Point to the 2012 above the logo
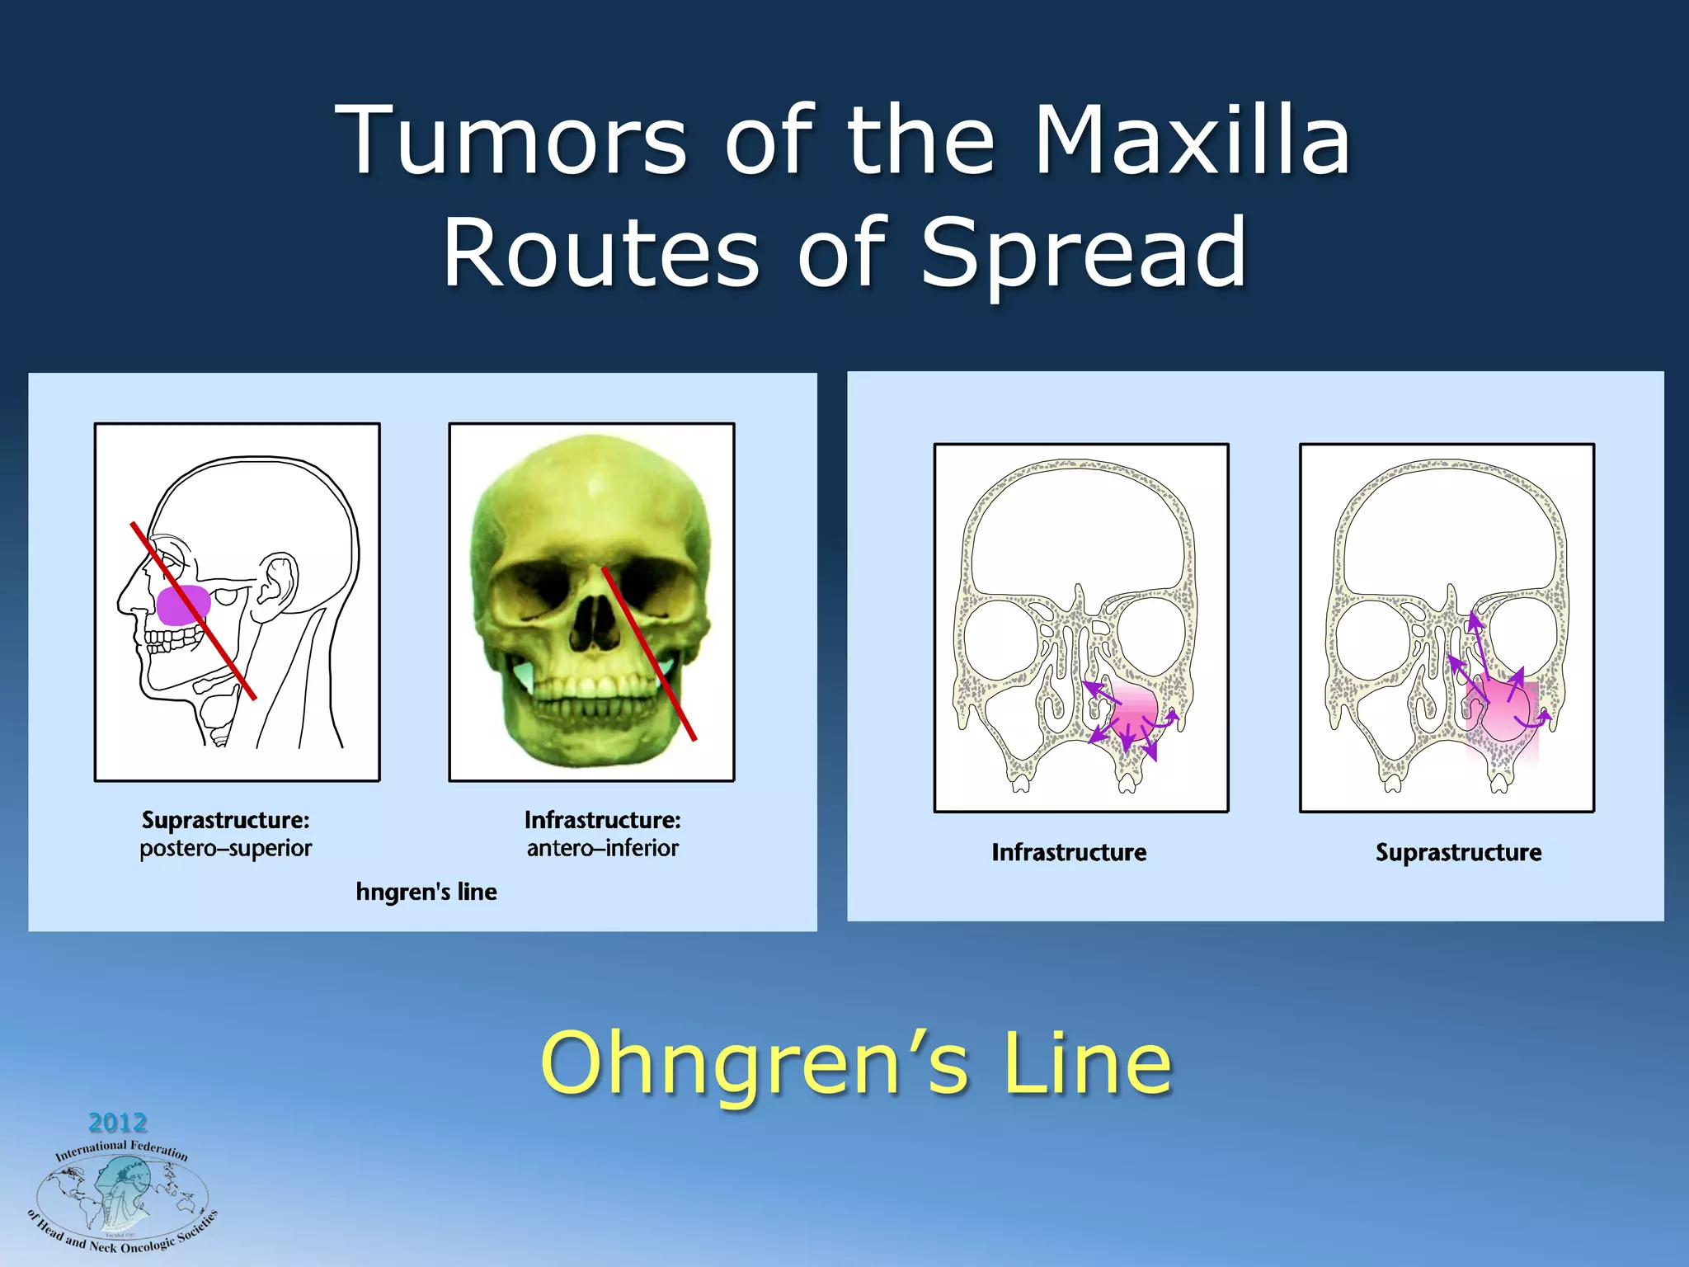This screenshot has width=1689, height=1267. (x=117, y=1123)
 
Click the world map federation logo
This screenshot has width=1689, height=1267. (x=122, y=1196)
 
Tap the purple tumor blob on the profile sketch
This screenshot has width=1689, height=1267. (x=183, y=605)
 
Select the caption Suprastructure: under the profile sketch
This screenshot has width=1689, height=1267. (x=225, y=820)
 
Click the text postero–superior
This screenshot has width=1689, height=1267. (x=225, y=848)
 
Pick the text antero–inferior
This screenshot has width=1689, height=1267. (x=602, y=848)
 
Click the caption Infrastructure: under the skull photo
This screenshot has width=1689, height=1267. (x=602, y=820)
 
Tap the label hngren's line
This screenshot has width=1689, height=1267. (x=426, y=892)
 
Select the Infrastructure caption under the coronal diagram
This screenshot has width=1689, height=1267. (x=1068, y=852)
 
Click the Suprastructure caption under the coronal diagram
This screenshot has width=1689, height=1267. (x=1457, y=852)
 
